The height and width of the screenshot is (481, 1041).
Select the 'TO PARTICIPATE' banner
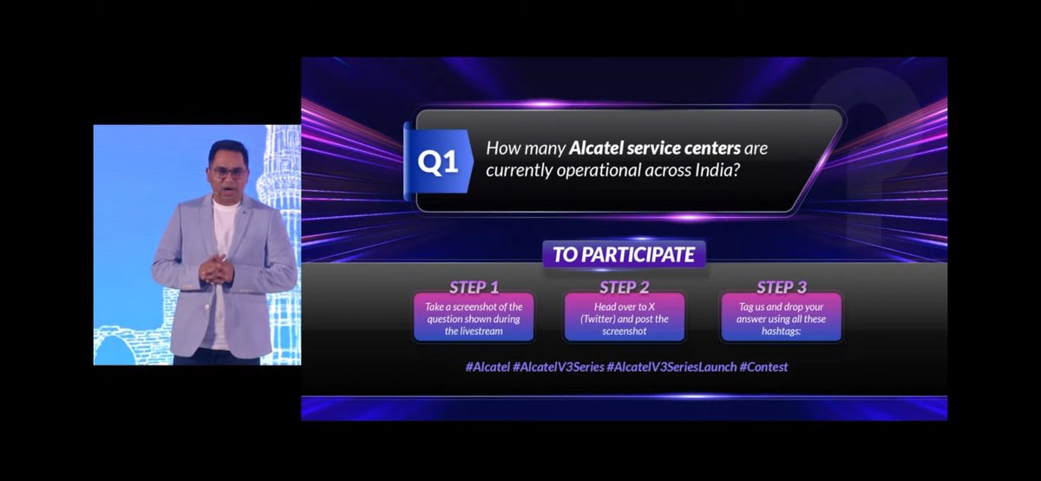coord(625,255)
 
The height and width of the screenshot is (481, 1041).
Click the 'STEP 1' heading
coord(474,287)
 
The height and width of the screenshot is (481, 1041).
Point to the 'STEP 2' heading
coord(624,287)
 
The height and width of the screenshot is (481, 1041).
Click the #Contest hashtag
coord(763,367)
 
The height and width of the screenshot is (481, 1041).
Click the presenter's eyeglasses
coord(227,173)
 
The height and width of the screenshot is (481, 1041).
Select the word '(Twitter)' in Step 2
coord(606,320)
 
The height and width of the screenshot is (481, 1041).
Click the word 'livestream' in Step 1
coord(474,333)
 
